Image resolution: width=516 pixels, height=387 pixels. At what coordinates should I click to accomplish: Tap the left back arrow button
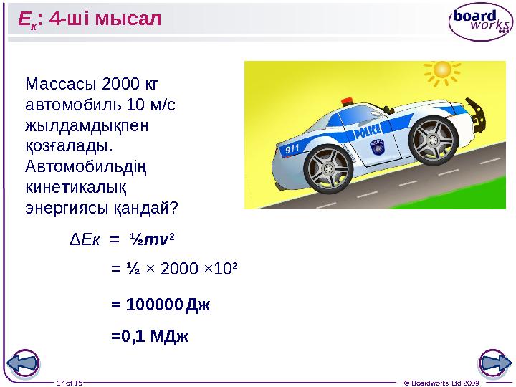(x=23, y=363)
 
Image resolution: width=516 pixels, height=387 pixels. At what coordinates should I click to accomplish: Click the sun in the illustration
(x=441, y=70)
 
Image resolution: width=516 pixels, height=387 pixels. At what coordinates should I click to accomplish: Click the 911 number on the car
(x=291, y=150)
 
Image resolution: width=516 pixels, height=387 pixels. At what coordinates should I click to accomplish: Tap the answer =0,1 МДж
(x=150, y=336)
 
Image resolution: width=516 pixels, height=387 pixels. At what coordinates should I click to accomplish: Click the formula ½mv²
(x=152, y=238)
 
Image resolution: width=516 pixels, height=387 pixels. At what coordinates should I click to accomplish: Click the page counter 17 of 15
(x=70, y=382)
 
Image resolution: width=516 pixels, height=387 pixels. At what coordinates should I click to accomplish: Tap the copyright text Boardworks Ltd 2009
(x=434, y=382)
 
